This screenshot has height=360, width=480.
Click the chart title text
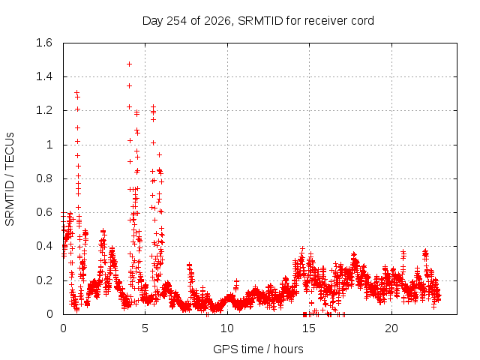pyautogui.click(x=258, y=21)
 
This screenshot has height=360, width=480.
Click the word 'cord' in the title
pyautogui.click(x=362, y=21)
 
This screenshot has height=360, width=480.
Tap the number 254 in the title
pyautogui.click(x=177, y=21)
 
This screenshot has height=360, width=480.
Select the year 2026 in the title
pyautogui.click(x=217, y=21)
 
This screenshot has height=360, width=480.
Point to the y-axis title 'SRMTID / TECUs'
pyautogui.click(x=10, y=179)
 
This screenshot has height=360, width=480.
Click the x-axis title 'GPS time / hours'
pyautogui.click(x=258, y=349)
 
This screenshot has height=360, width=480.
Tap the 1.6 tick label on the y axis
pyautogui.click(x=44, y=43)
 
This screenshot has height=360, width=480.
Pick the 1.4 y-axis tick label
pyautogui.click(x=44, y=76)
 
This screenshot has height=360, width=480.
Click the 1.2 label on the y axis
pyautogui.click(x=44, y=110)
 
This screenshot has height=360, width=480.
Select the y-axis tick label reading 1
pyautogui.click(x=49, y=145)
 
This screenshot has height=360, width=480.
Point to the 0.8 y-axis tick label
pyautogui.click(x=44, y=178)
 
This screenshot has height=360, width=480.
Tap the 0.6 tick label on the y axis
pyautogui.click(x=44, y=212)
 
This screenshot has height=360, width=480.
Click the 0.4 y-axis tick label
pyautogui.click(x=44, y=247)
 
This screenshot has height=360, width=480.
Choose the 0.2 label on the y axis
pyautogui.click(x=44, y=280)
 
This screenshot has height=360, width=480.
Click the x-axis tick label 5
pyautogui.click(x=145, y=328)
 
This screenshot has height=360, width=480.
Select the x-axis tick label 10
pyautogui.click(x=227, y=328)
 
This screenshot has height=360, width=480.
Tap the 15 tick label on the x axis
pyautogui.click(x=309, y=328)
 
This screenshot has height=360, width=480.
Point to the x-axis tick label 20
pyautogui.click(x=391, y=328)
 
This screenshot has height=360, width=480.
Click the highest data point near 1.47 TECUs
pyautogui.click(x=130, y=64)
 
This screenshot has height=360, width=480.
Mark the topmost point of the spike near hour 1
pyautogui.click(x=76, y=92)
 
